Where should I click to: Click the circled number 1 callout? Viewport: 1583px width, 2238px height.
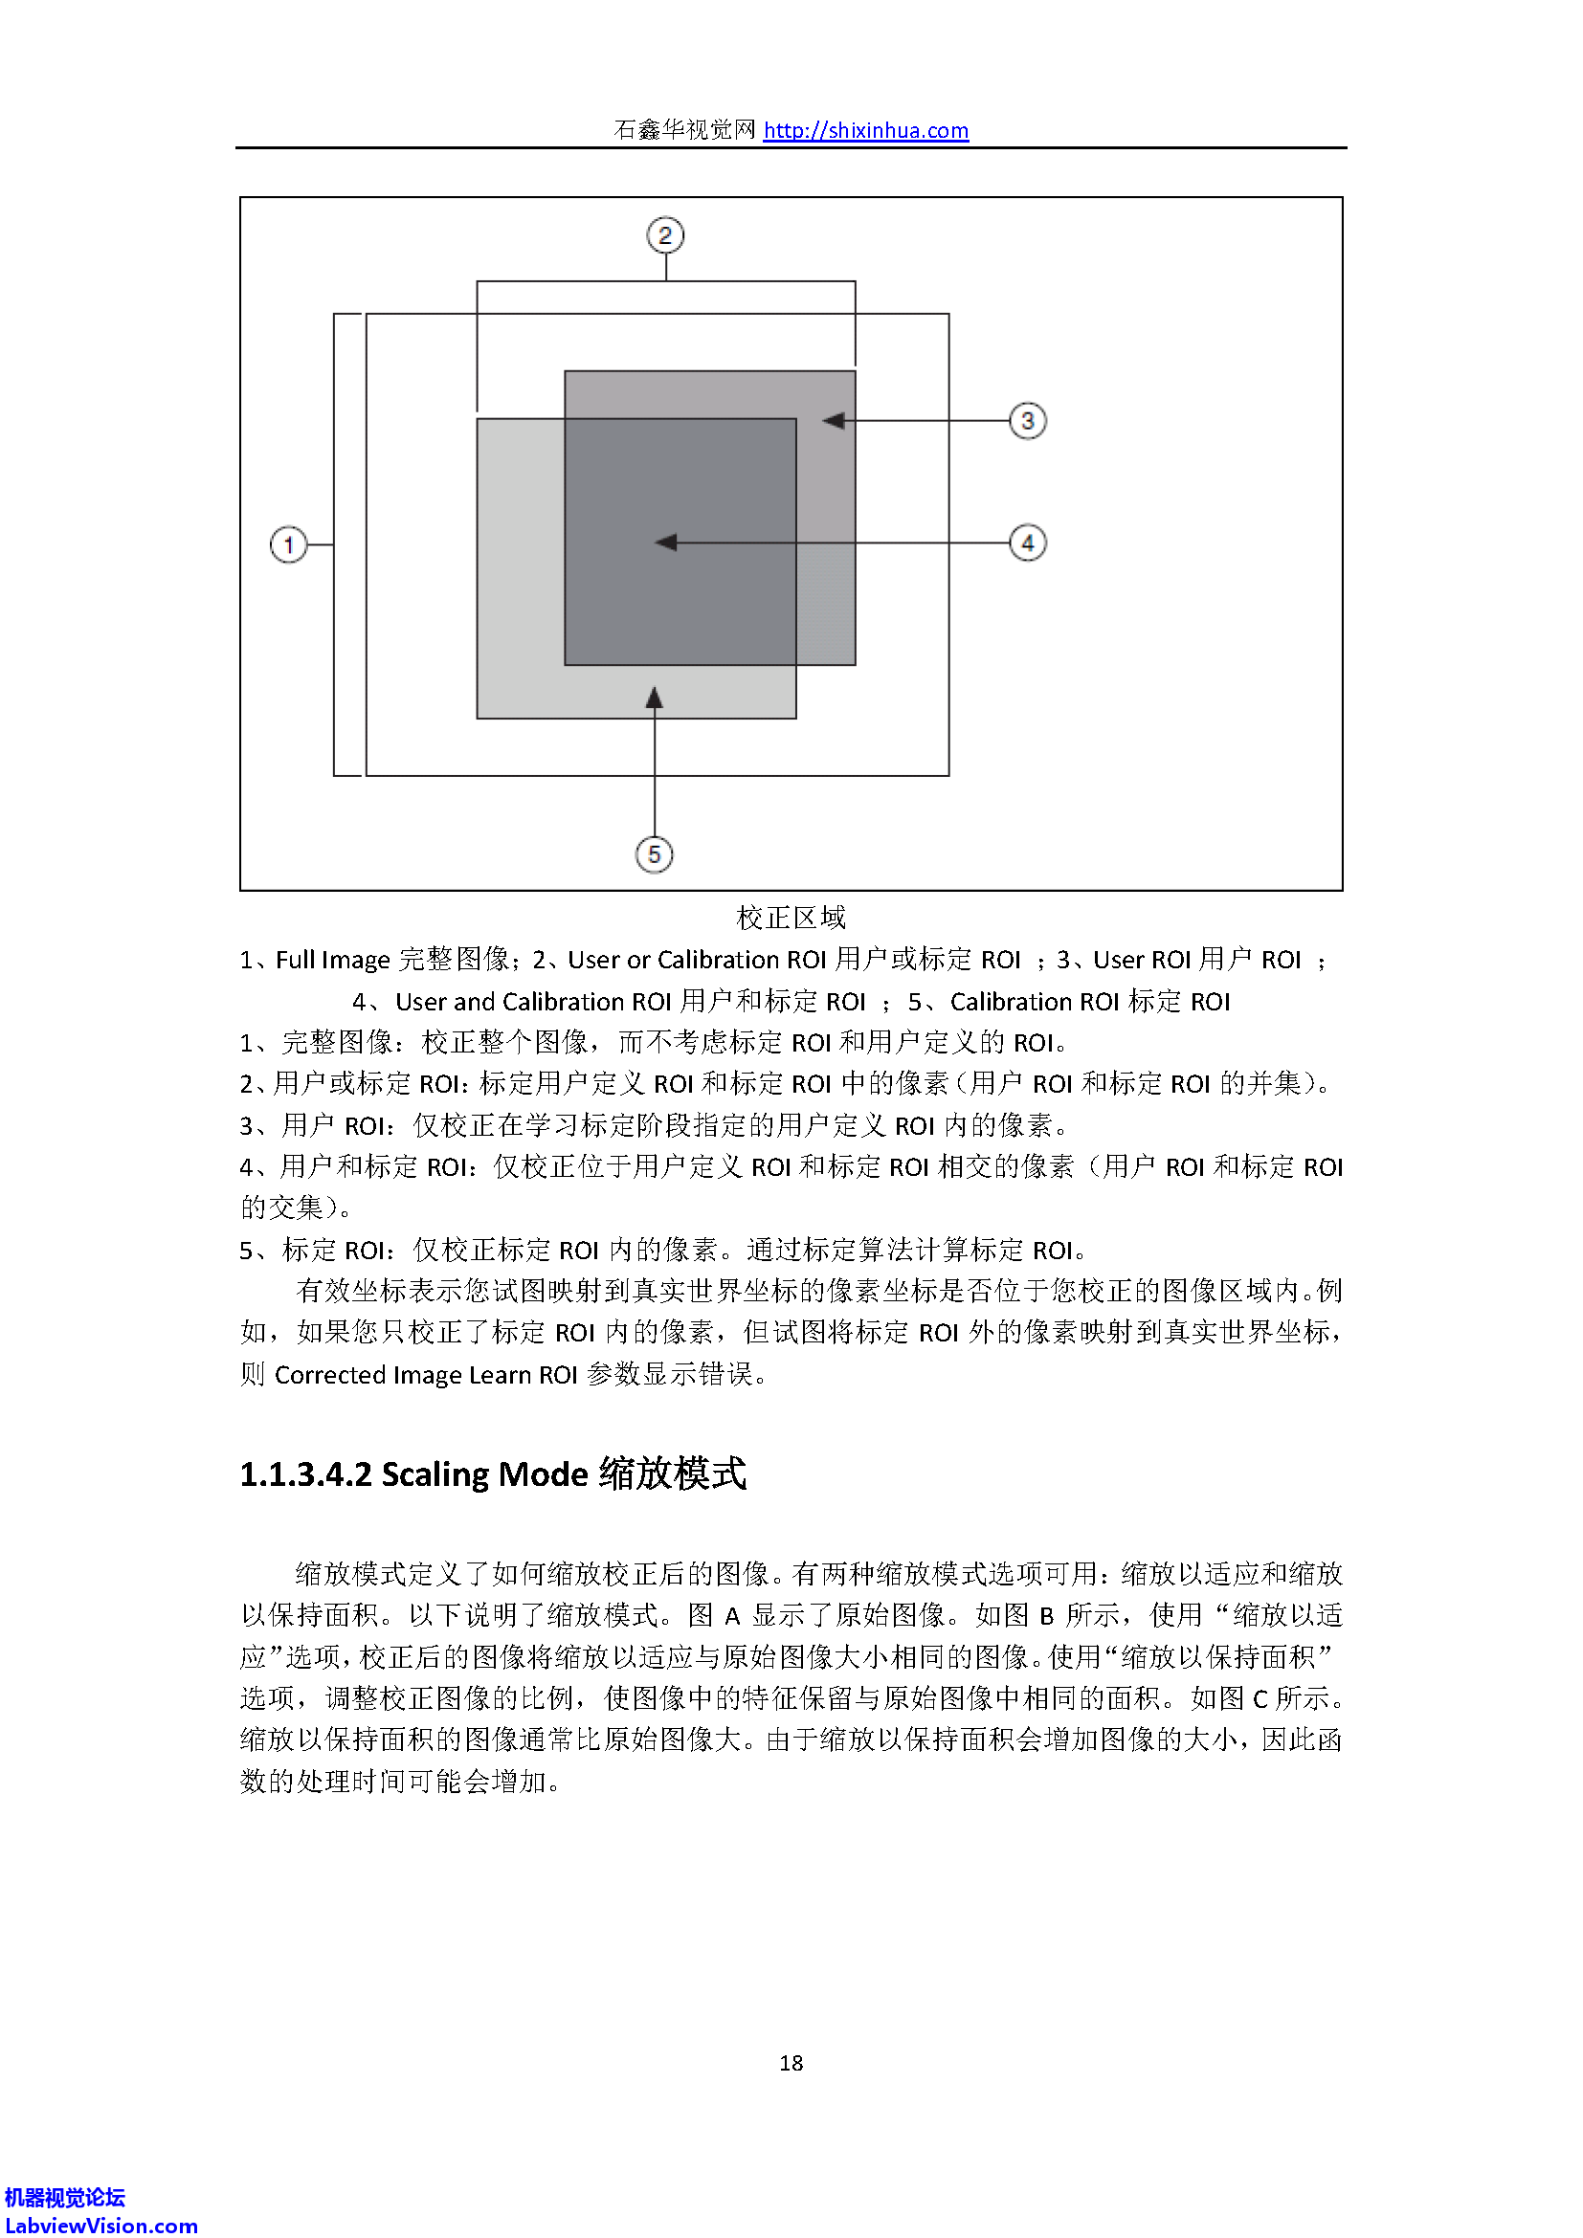[288, 543]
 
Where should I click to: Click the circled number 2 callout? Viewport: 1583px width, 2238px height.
[666, 235]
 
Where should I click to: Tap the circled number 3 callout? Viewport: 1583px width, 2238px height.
[1027, 421]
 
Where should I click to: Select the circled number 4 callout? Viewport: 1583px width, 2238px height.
[1027, 543]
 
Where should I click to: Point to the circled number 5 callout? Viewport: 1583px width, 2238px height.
[654, 854]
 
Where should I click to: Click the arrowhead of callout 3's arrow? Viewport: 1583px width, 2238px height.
[834, 421]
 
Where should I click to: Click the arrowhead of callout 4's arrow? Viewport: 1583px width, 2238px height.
[667, 543]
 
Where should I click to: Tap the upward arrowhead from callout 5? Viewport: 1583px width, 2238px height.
[654, 698]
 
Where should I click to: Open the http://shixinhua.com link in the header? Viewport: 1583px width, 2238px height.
[865, 131]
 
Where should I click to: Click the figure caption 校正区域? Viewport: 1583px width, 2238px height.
[791, 919]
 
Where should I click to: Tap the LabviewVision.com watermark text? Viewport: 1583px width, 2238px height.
[100, 2226]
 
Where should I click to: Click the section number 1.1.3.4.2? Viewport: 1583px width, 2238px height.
[305, 1474]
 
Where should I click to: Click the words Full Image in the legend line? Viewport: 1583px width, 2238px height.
[332, 960]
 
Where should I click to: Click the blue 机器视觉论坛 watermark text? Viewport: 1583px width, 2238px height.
[64, 2198]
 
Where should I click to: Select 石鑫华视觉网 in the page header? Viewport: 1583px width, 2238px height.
[684, 131]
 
